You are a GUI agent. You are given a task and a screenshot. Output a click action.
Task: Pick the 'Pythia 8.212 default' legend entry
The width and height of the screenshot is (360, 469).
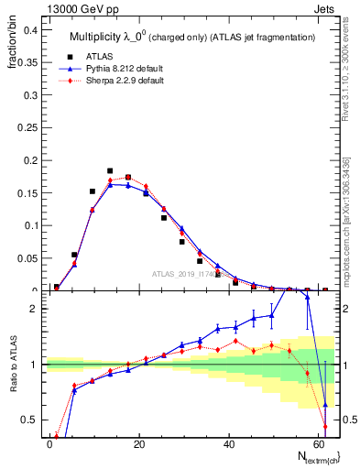115,68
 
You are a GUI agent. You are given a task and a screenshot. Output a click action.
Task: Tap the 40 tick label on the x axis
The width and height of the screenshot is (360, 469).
227,443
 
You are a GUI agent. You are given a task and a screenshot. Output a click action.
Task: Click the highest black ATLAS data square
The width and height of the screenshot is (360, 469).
110,170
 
